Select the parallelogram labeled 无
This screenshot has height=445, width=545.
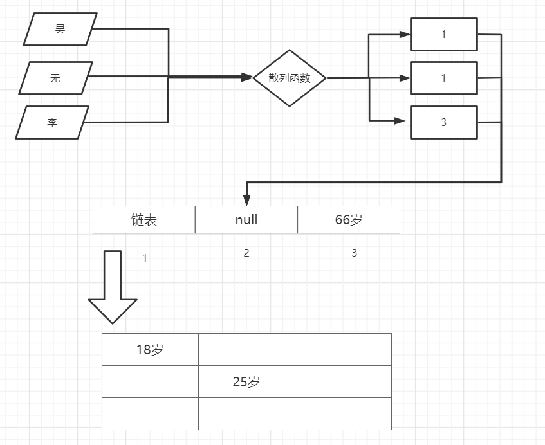click(x=56, y=78)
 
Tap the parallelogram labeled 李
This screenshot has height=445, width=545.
click(x=52, y=122)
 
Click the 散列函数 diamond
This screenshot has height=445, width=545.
click(x=290, y=78)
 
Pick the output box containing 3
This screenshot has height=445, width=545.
click(x=444, y=122)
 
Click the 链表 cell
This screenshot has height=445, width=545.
click(x=144, y=220)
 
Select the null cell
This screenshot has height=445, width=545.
click(x=246, y=220)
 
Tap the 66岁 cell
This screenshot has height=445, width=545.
click(x=349, y=220)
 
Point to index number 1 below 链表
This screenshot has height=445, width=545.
click(x=145, y=258)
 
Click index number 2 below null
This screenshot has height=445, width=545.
click(x=246, y=253)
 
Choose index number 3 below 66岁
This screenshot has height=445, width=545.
click(x=355, y=253)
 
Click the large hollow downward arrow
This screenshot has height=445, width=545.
click(x=113, y=287)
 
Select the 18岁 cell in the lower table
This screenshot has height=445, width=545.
click(x=150, y=350)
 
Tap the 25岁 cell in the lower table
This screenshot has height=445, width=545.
click(x=246, y=382)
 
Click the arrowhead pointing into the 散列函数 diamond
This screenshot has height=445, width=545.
click(x=247, y=78)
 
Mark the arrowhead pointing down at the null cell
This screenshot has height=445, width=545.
click(x=246, y=200)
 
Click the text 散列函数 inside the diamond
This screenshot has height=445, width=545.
click(x=290, y=78)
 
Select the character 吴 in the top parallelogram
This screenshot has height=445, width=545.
click(x=60, y=30)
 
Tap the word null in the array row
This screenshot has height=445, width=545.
click(x=246, y=220)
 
